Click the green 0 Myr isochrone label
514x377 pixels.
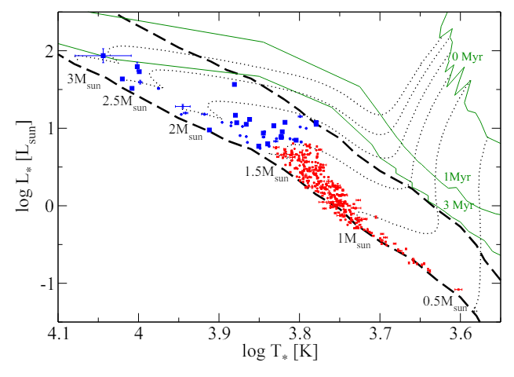pos(468,57)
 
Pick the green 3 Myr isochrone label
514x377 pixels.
pos(457,205)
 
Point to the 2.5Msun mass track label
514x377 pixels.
pos(125,104)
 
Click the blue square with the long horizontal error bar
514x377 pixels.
pos(103,56)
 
